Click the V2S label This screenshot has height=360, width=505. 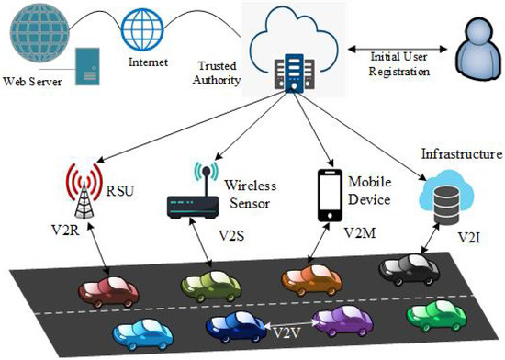coord(231,235)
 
